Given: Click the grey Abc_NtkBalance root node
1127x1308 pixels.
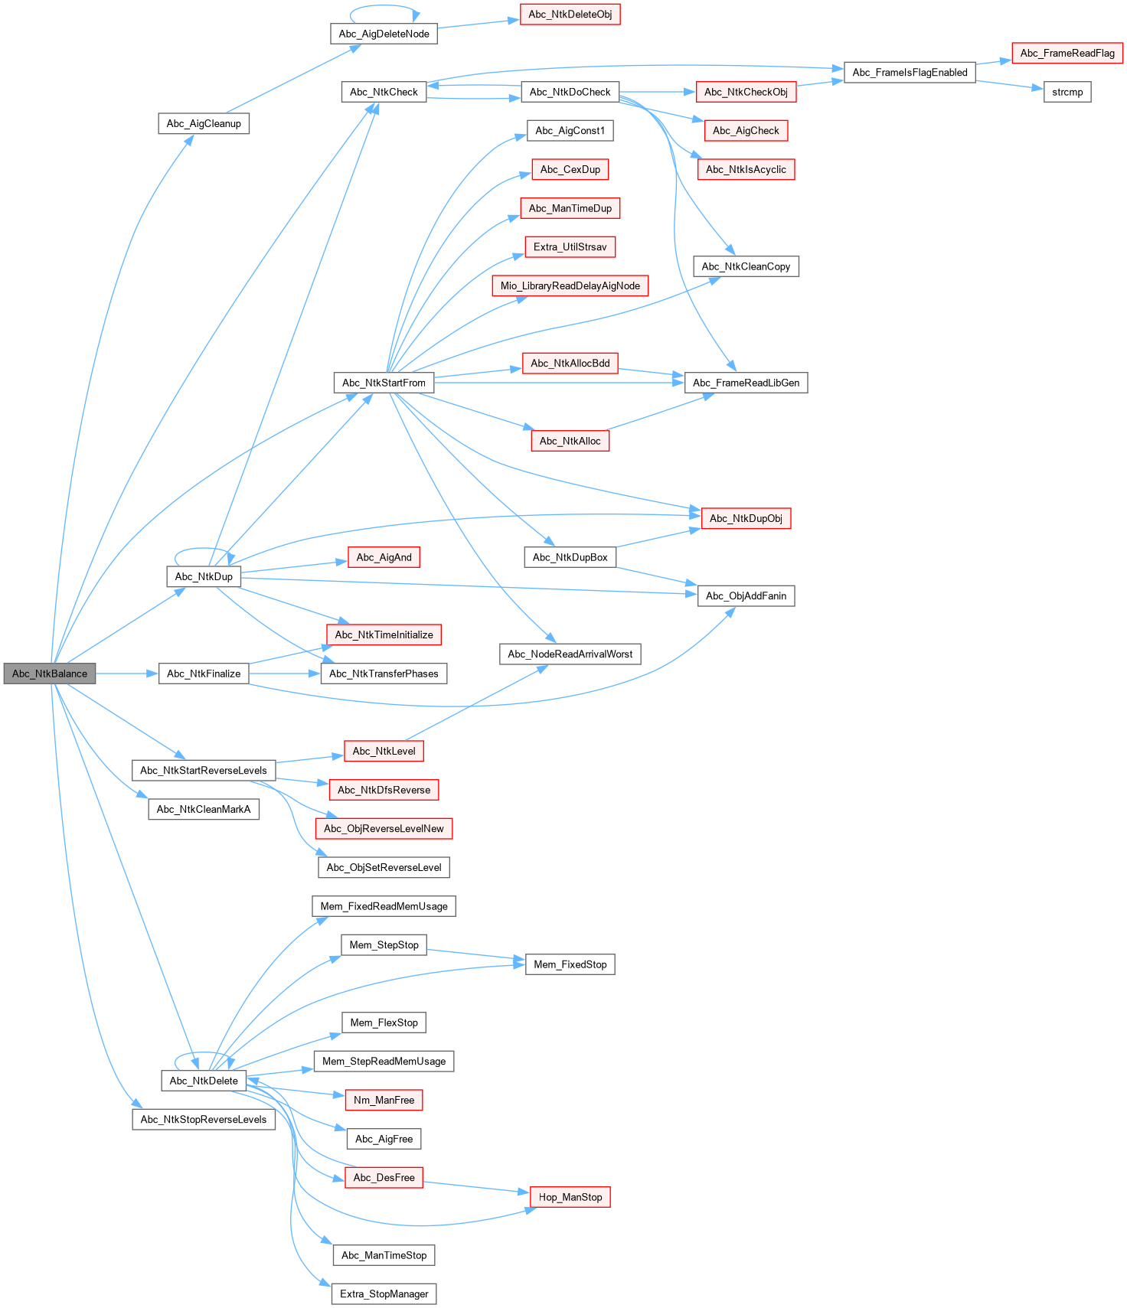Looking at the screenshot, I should pyautogui.click(x=50, y=674).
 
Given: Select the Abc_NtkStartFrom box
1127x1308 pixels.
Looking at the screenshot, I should pyautogui.click(x=384, y=383).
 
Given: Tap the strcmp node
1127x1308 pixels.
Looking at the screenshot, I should pyautogui.click(x=1067, y=92).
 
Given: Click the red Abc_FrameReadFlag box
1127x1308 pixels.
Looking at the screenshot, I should pyautogui.click(x=1067, y=53).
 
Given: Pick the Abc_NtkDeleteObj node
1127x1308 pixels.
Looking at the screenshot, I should pyautogui.click(x=570, y=15).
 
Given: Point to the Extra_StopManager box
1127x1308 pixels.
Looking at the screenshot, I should pyautogui.click(x=384, y=1294).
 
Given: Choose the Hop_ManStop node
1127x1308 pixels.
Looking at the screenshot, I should pyautogui.click(x=570, y=1197).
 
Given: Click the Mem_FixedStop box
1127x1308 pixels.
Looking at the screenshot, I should pyautogui.click(x=570, y=964).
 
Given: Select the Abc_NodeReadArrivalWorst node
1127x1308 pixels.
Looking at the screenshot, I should pyautogui.click(x=570, y=654).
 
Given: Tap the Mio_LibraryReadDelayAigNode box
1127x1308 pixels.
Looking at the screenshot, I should pyautogui.click(x=570, y=286).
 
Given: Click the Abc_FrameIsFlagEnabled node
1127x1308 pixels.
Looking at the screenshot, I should pyautogui.click(x=910, y=73).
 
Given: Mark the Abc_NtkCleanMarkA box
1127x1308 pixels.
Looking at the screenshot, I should pyautogui.click(x=203, y=809).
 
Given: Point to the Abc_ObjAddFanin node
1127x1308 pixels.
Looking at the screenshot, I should pyautogui.click(x=746, y=596).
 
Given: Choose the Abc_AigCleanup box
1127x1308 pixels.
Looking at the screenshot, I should pyautogui.click(x=204, y=123).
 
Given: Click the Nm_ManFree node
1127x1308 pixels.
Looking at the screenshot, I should pyautogui.click(x=384, y=1100).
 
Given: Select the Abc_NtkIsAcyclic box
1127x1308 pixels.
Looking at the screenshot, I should pyautogui.click(x=746, y=169).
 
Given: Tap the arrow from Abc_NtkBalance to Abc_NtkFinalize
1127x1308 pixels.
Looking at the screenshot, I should pyautogui.click(x=126, y=674).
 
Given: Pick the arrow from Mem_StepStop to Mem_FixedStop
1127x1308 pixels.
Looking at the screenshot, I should pyautogui.click(x=475, y=954).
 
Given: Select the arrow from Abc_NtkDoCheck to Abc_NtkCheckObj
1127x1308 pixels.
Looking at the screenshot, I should pyautogui.click(x=658, y=92).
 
